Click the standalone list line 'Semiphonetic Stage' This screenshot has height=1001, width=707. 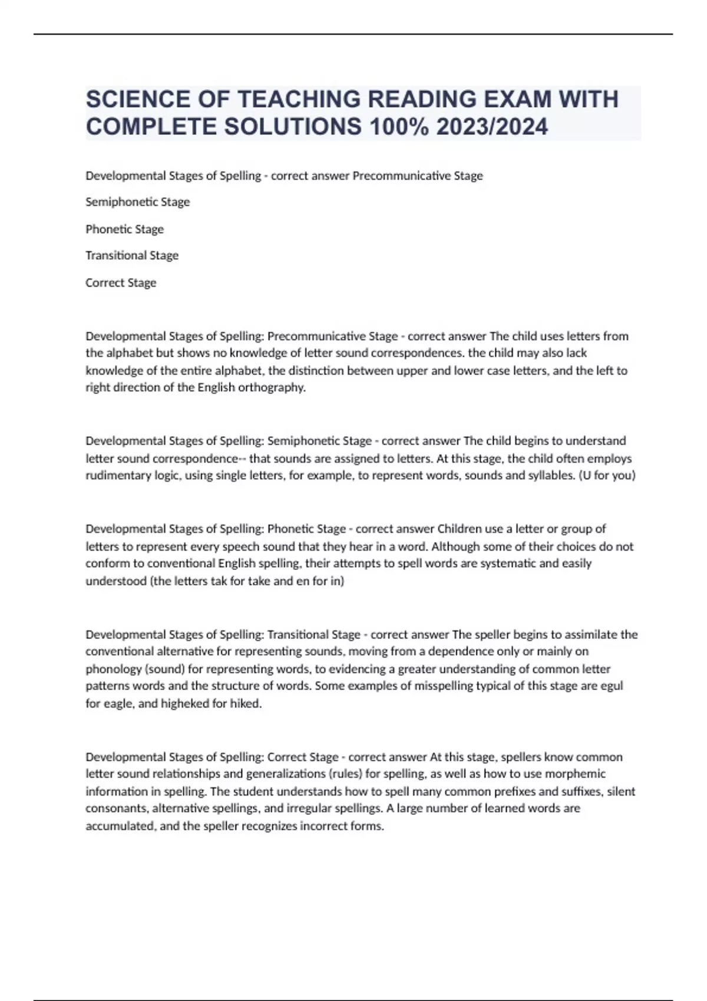click(x=138, y=202)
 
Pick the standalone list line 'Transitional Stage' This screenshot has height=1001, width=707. click(x=132, y=256)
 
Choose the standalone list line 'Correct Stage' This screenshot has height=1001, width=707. click(x=121, y=283)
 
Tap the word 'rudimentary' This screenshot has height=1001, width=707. click(x=115, y=475)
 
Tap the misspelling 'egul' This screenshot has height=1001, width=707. click(x=612, y=685)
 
